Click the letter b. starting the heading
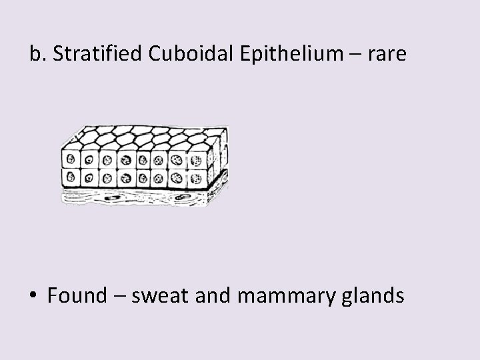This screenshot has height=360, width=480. tap(38, 54)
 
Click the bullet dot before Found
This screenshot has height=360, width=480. tap(33, 296)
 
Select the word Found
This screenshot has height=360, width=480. tap(76, 295)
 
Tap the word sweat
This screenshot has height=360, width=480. tap(159, 295)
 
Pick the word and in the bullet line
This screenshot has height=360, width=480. tap(211, 295)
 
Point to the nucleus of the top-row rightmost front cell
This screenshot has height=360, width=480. tap(195, 160)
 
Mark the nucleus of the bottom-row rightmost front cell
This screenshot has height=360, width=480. tap(195, 178)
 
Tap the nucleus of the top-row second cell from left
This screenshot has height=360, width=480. tap(88, 161)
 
